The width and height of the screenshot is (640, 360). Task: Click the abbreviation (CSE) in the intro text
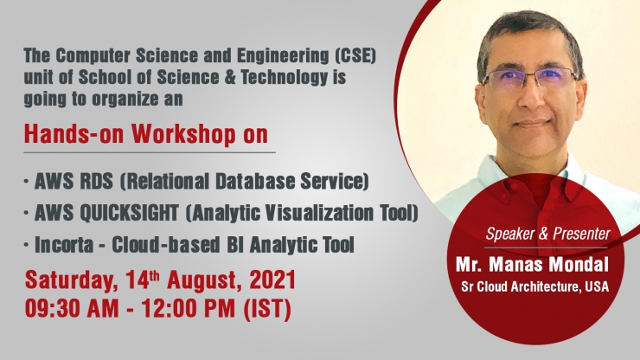point(355,56)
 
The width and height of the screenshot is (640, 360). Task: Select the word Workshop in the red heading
point(183,134)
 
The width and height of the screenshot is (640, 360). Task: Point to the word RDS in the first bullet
point(96,181)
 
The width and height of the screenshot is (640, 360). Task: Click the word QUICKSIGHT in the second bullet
point(129,213)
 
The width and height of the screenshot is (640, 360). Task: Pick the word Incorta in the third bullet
point(64,244)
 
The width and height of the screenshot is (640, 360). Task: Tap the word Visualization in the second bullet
point(319,213)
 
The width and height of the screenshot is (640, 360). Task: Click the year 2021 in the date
point(272,280)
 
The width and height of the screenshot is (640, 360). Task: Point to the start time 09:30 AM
point(72,308)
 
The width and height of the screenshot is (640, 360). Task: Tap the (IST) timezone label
point(267,309)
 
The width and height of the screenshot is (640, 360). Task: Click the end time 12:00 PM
point(189,308)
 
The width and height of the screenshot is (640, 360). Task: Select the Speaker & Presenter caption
point(547,234)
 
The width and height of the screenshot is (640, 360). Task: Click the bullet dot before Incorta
point(27,244)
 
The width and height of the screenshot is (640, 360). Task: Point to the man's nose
point(530,98)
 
